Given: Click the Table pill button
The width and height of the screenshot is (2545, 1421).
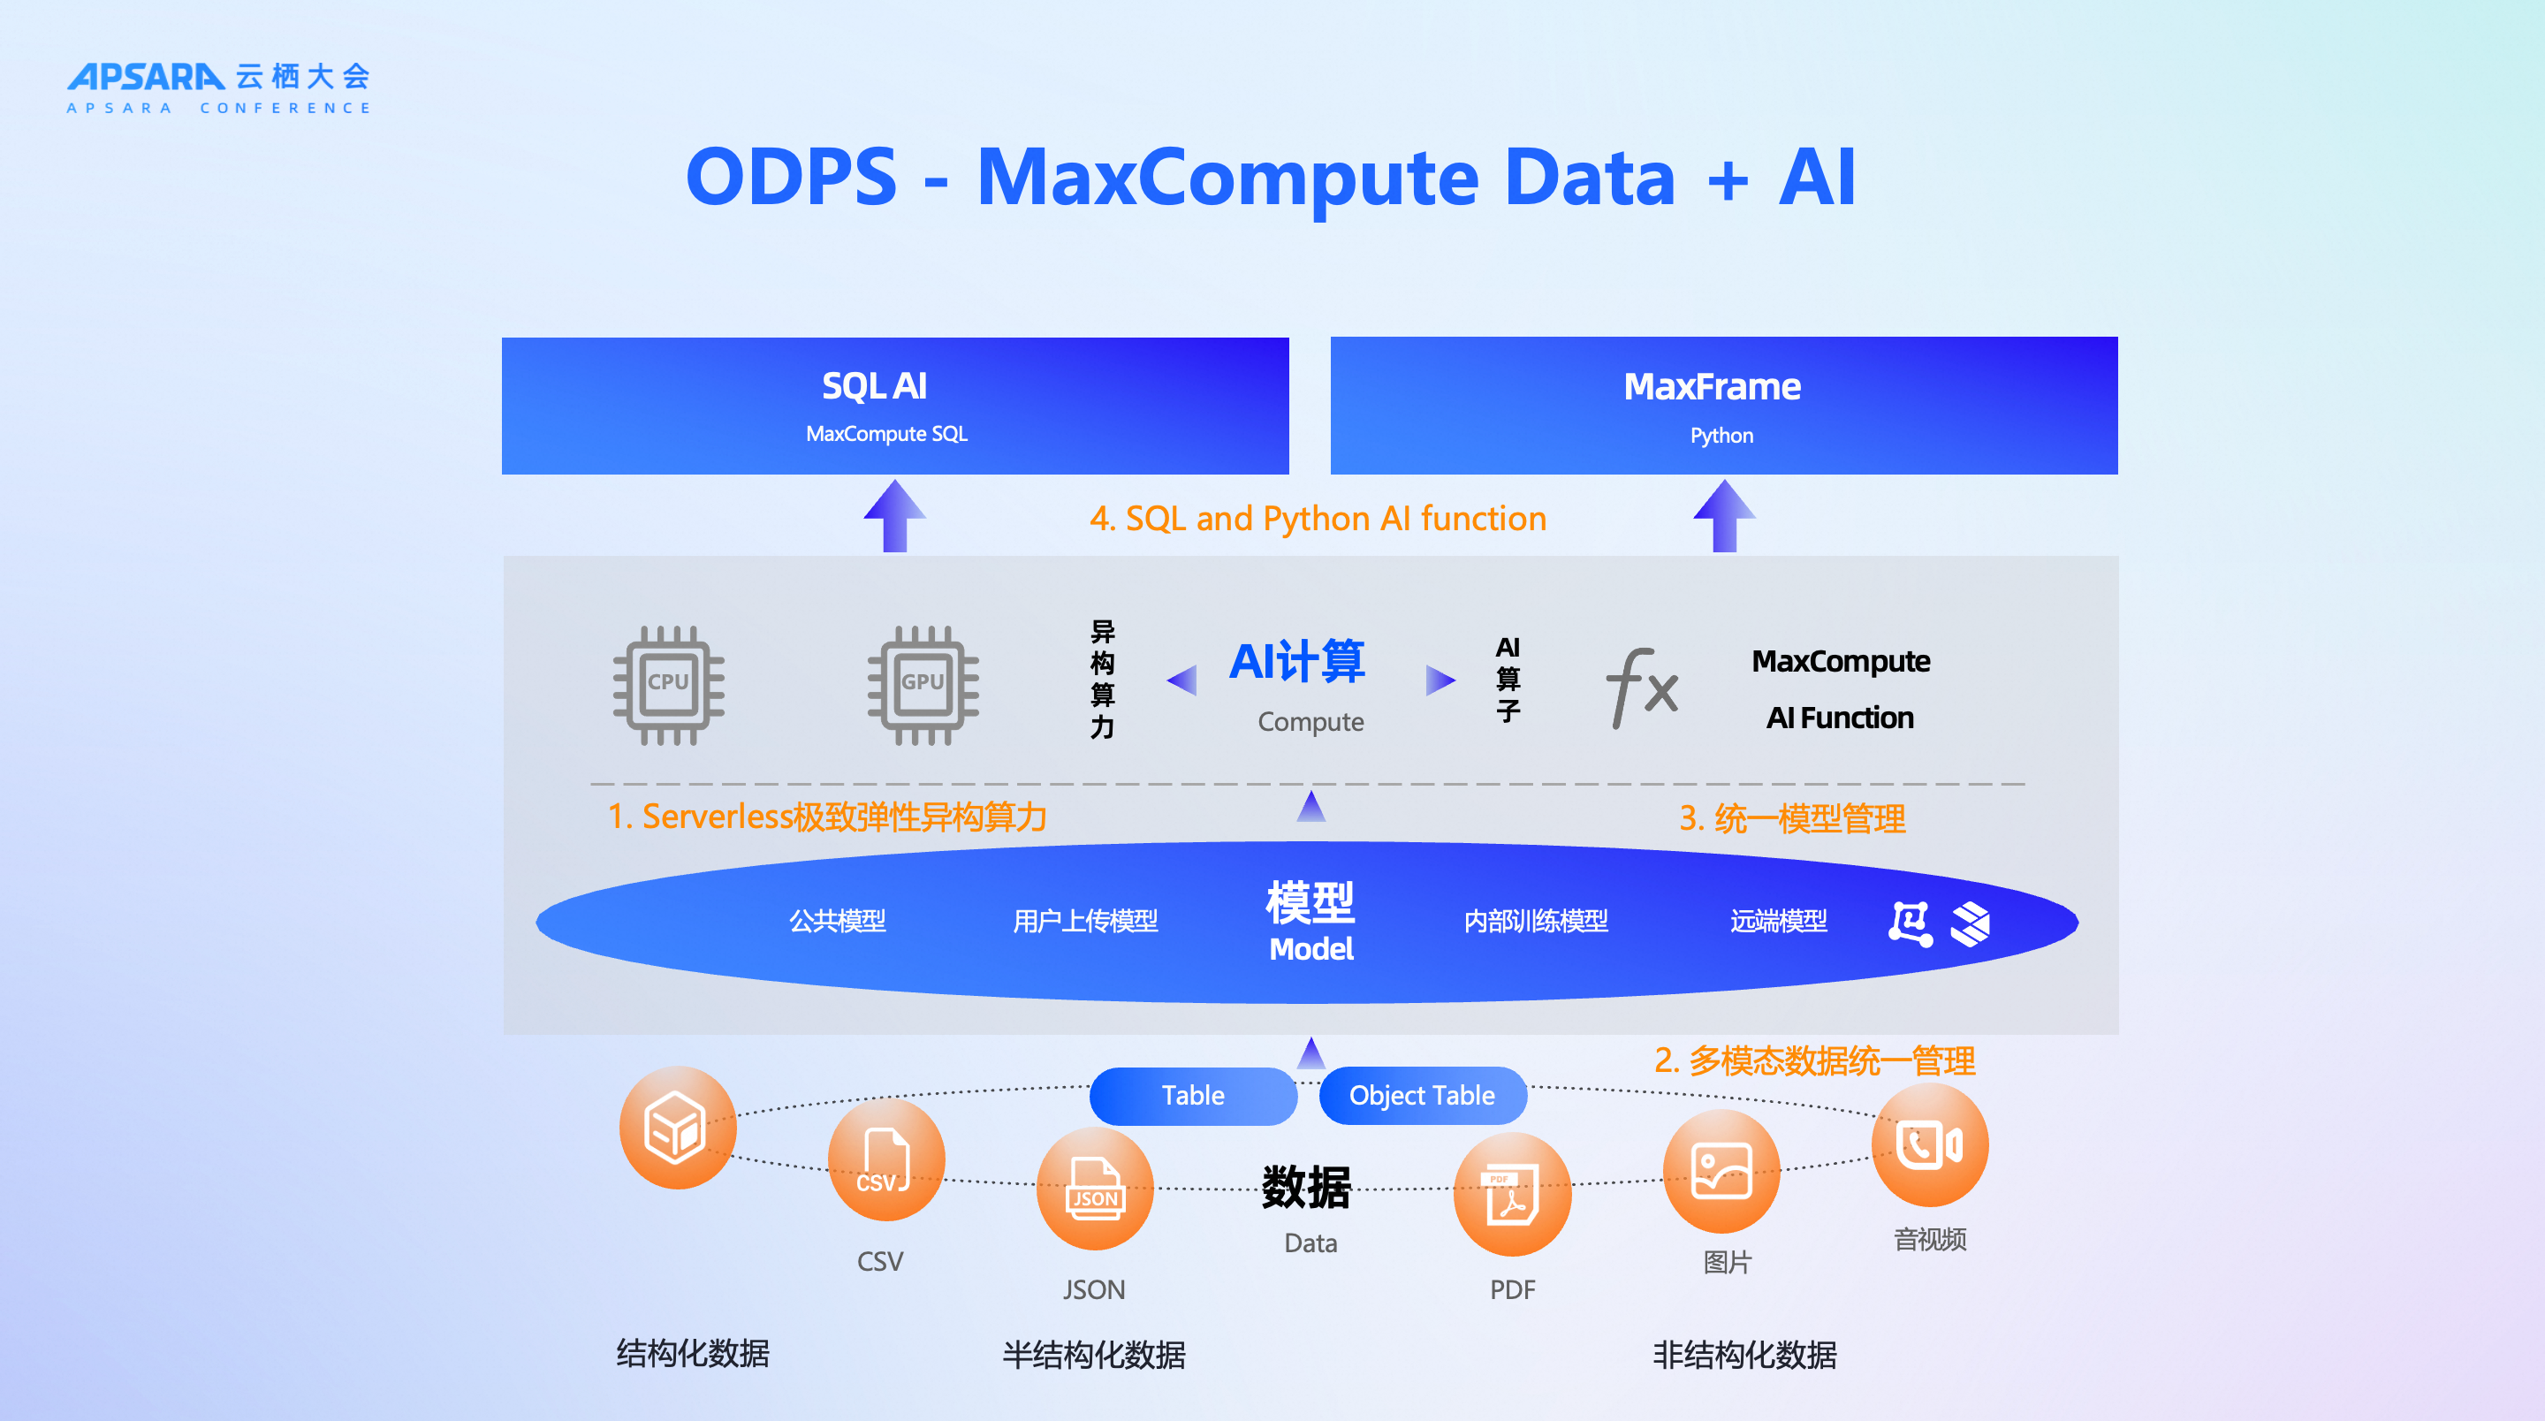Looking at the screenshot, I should (x=1192, y=1095).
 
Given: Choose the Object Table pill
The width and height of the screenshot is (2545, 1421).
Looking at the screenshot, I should (x=1423, y=1095).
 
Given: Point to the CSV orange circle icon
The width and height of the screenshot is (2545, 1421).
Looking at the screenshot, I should (x=885, y=1160).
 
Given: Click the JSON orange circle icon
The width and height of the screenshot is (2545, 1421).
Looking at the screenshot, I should (x=1095, y=1189).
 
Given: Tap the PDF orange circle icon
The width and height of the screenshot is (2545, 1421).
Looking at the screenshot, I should (x=1512, y=1194).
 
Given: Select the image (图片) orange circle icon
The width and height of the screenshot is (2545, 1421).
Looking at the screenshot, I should (x=1721, y=1171).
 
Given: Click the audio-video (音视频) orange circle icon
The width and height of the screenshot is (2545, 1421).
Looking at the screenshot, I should (x=1929, y=1145).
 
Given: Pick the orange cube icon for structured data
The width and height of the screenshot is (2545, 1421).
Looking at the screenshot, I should (x=678, y=1128).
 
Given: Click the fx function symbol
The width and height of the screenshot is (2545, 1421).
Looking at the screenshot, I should (x=1642, y=687).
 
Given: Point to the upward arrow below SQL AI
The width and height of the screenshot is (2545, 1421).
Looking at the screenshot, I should (x=895, y=516).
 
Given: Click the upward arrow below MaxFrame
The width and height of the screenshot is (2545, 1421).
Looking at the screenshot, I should (x=1724, y=516).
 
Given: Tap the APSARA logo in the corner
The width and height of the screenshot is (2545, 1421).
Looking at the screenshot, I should (x=218, y=87).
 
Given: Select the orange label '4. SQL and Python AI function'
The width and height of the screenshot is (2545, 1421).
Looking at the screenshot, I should (x=1318, y=519).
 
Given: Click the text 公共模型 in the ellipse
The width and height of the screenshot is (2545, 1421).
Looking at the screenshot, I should (x=837, y=921).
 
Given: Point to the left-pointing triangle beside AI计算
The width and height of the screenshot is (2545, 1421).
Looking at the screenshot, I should (x=1181, y=680).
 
